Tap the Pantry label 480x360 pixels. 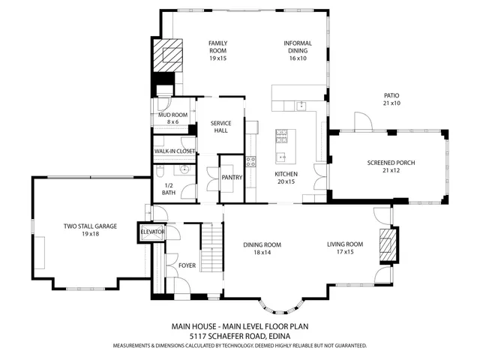click(x=230, y=178)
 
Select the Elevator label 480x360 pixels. click(x=152, y=233)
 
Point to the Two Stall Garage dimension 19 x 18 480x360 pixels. click(x=91, y=234)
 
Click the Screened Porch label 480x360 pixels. click(x=391, y=163)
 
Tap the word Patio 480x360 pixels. click(x=391, y=95)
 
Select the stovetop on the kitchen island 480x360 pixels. click(x=282, y=136)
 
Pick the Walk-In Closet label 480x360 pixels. click(x=175, y=151)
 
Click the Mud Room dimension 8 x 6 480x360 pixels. click(x=173, y=122)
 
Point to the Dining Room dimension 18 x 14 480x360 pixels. click(x=262, y=253)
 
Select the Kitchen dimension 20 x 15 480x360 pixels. click(x=286, y=181)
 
